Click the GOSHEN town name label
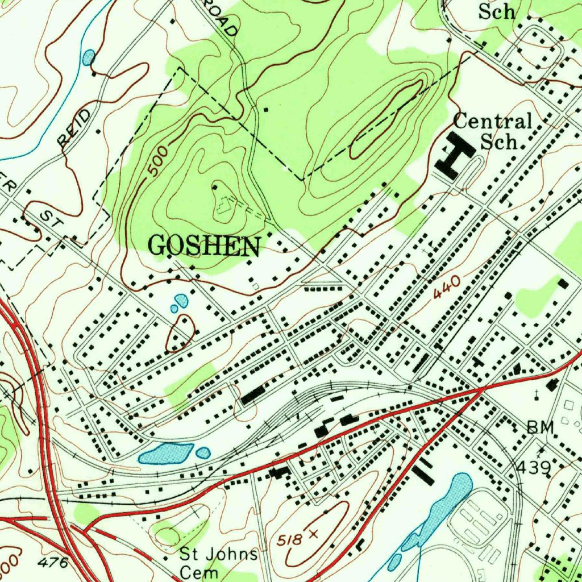tap(205, 246)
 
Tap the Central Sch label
tap(493, 131)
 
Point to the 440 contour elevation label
tap(446, 288)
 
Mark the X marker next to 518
tap(313, 534)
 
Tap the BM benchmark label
tap(539, 428)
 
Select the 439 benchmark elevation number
tap(534, 467)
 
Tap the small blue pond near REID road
tap(89, 57)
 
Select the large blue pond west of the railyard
tap(165, 454)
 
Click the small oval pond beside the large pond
tap(203, 453)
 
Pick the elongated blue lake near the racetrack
tap(443, 512)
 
